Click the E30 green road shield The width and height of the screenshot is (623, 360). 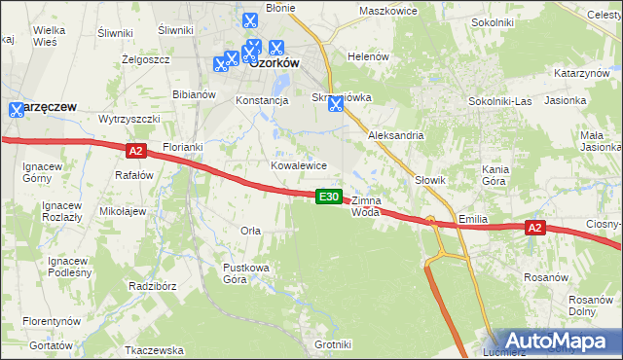(329, 197)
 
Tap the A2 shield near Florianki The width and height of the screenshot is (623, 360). (135, 151)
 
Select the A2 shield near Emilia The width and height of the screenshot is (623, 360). (533, 228)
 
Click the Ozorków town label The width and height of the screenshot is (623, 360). (274, 62)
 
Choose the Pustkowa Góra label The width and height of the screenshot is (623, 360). (248, 272)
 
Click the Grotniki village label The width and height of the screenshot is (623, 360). (333, 344)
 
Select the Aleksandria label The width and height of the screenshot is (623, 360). (395, 136)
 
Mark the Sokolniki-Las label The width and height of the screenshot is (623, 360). (497, 100)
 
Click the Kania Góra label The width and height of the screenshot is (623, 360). (495, 175)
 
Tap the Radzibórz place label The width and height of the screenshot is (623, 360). (151, 287)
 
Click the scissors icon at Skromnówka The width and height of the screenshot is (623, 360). (335, 104)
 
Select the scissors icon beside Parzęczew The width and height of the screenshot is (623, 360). (16, 111)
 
